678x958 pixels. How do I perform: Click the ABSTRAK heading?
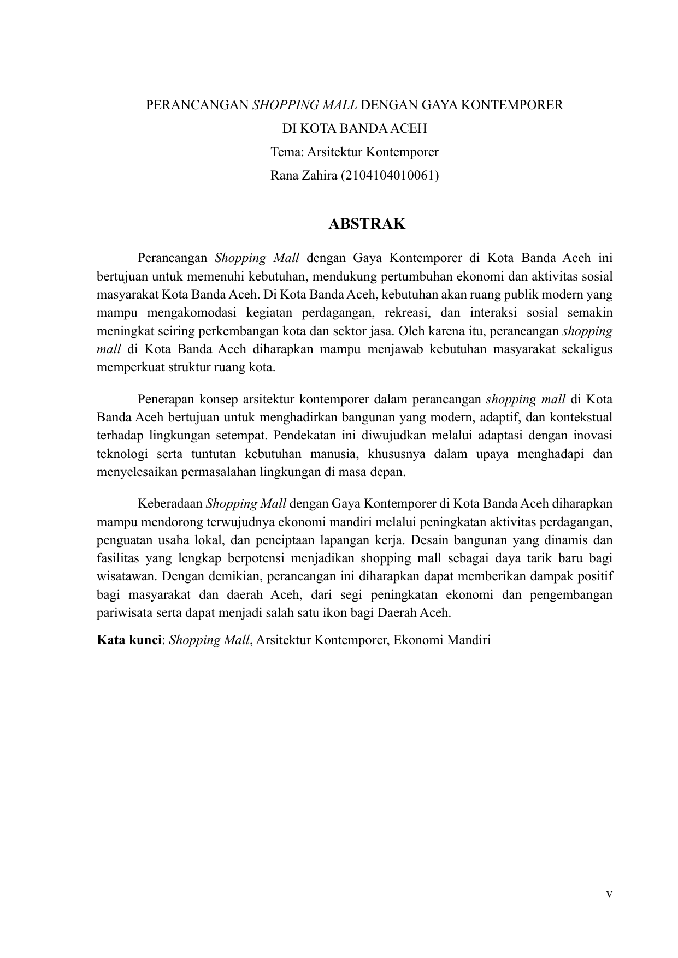(x=367, y=224)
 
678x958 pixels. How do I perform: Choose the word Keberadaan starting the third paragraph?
(x=170, y=503)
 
